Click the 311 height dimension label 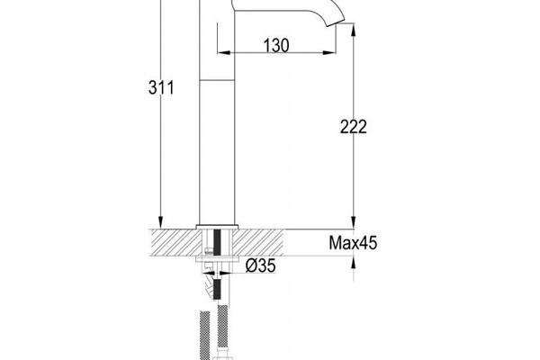point(161,87)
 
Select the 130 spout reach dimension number point(276,46)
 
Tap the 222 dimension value point(354,126)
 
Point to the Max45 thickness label point(353,243)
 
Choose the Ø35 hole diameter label point(261,265)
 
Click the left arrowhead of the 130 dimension point(224,53)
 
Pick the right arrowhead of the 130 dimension point(328,53)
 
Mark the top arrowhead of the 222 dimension point(353,30)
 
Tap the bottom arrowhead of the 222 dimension point(353,222)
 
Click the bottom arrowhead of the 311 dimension point(160,222)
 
